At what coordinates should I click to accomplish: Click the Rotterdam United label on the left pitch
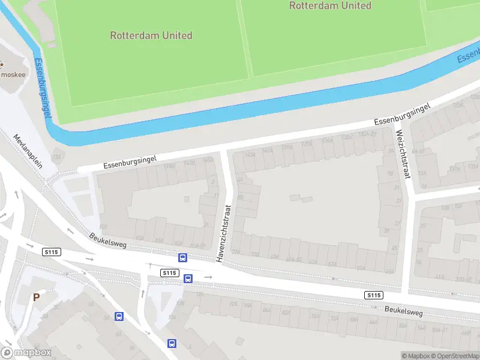tap(151, 35)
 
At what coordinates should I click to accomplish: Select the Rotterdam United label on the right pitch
tap(330, 5)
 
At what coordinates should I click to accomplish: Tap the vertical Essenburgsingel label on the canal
tap(42, 86)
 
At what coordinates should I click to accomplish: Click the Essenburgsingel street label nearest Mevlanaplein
tap(130, 161)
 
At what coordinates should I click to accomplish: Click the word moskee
tap(13, 74)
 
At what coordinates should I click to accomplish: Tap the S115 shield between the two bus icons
tap(170, 272)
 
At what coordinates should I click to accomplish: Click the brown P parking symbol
tap(36, 297)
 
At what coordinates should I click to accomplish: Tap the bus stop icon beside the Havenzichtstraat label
tap(182, 258)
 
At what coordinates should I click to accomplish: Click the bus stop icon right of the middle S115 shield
tap(188, 278)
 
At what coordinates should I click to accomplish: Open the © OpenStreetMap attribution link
tap(455, 356)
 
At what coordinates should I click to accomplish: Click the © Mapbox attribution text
tap(416, 356)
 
